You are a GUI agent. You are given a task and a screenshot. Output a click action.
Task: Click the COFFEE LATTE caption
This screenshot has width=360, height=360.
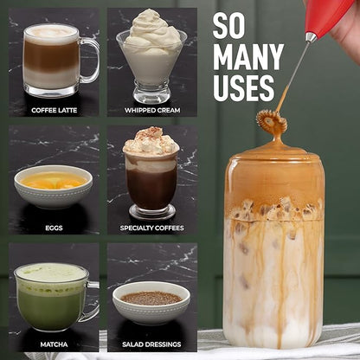point(54,110)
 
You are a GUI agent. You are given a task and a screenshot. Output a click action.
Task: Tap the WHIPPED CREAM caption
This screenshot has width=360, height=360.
point(152,110)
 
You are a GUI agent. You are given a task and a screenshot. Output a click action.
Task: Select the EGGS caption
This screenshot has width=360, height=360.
point(54,228)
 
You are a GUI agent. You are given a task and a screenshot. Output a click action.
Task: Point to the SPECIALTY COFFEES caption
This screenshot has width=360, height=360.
point(152,228)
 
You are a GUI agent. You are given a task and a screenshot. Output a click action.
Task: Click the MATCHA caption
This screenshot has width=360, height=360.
point(54,344)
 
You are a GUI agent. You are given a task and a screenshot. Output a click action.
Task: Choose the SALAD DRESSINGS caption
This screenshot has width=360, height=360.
point(151,344)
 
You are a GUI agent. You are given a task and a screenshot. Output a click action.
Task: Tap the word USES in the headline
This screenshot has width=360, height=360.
point(244,88)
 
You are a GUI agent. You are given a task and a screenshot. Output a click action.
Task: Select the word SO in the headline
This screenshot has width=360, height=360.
point(228,26)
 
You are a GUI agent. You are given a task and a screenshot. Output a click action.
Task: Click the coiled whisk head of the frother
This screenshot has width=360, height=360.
point(272,121)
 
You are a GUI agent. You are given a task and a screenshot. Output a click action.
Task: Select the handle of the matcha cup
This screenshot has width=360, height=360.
point(93,301)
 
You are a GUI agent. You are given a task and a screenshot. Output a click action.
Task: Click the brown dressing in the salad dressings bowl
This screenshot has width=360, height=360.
point(151,299)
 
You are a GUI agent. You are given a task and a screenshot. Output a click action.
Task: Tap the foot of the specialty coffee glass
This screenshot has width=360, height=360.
point(152,213)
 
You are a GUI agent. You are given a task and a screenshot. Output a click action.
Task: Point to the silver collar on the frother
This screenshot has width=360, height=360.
point(311,37)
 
